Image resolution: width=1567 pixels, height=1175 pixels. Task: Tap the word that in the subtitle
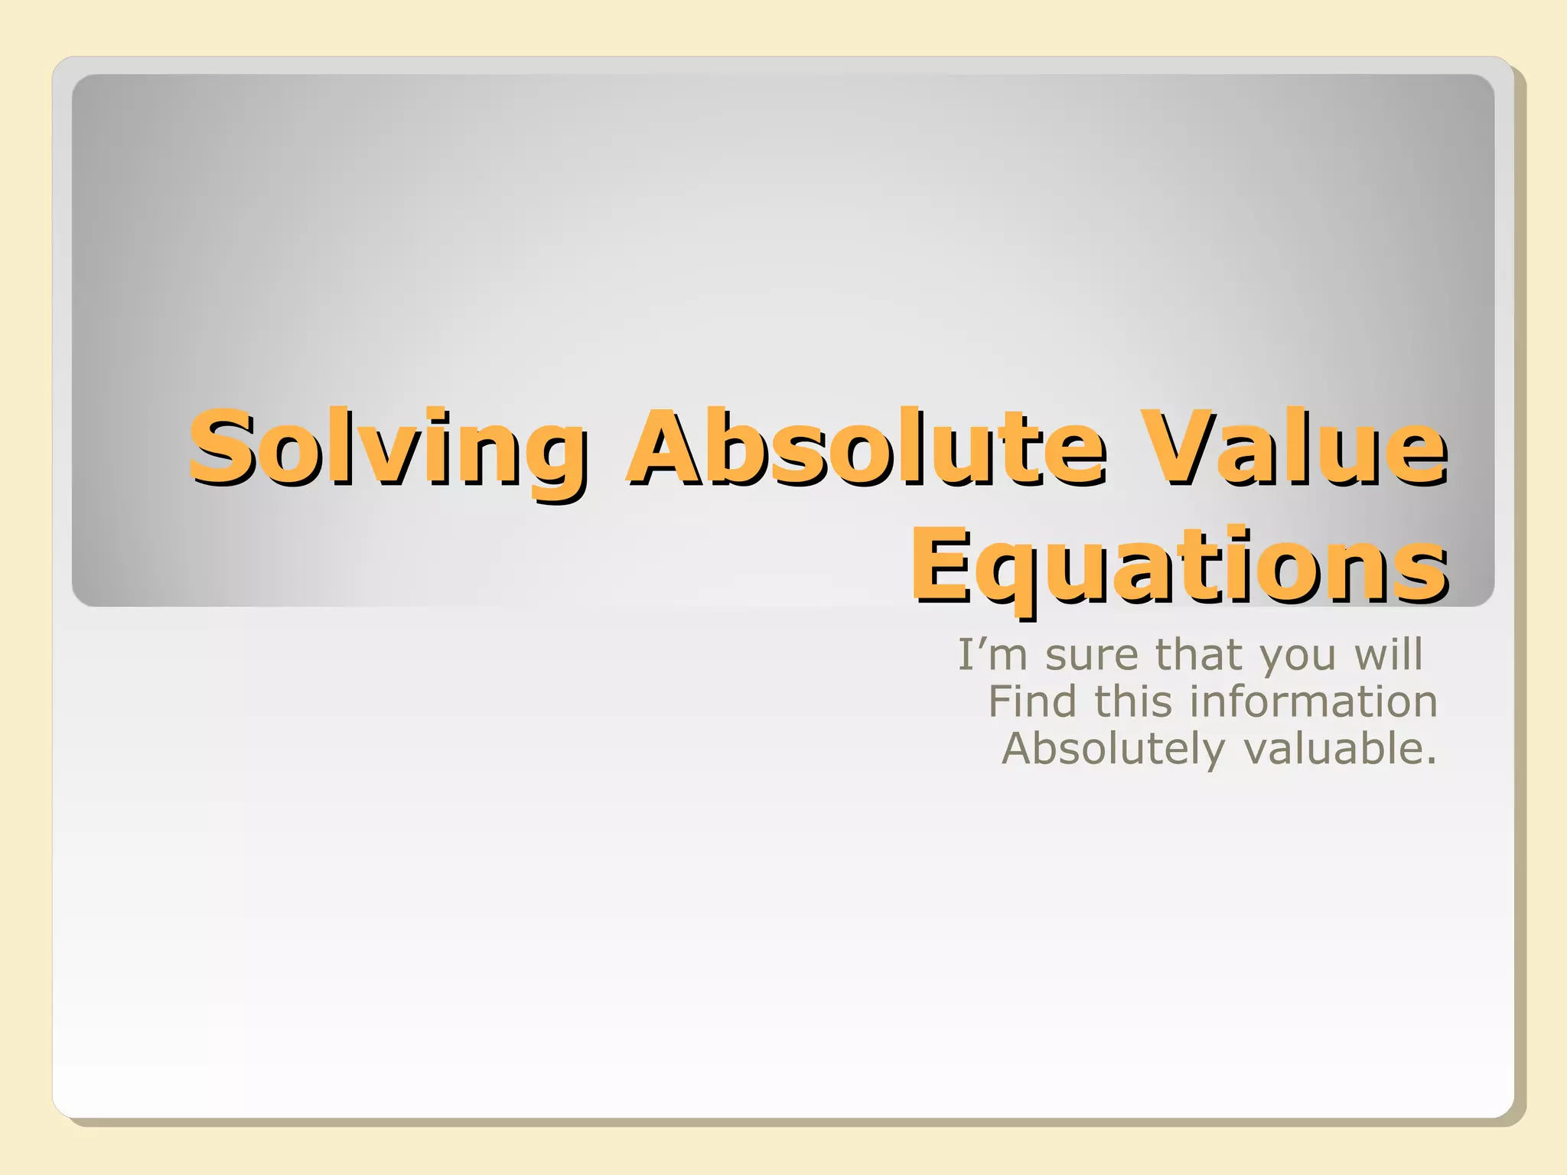[1198, 655]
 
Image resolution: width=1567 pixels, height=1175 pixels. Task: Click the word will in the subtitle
[1388, 655]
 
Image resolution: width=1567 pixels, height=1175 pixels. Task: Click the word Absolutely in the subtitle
[1113, 750]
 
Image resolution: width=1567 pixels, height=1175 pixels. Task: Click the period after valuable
[1432, 763]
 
